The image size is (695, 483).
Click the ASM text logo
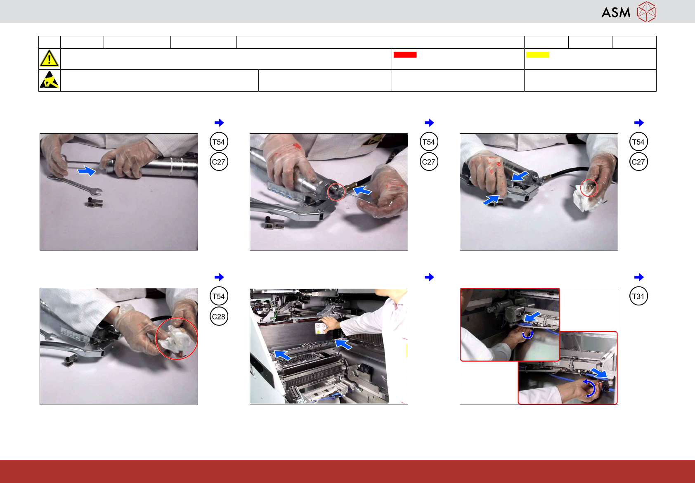click(616, 13)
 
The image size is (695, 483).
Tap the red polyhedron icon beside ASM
click(647, 12)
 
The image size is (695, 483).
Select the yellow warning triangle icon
click(49, 58)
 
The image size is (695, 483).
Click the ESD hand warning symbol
click(49, 80)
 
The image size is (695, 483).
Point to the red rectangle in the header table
click(405, 54)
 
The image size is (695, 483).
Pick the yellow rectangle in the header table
click(537, 54)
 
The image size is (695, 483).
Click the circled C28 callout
click(219, 316)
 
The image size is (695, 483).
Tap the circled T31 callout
click(638, 296)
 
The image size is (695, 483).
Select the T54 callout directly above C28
click(219, 296)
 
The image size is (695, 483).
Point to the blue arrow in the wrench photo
click(86, 171)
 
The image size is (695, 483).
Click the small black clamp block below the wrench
click(94, 202)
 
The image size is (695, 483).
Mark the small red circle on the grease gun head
click(336, 192)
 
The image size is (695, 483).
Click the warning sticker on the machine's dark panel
click(320, 329)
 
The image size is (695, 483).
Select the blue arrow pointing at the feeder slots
click(283, 355)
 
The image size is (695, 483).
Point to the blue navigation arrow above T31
click(639, 277)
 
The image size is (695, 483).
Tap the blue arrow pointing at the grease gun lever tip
click(491, 200)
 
